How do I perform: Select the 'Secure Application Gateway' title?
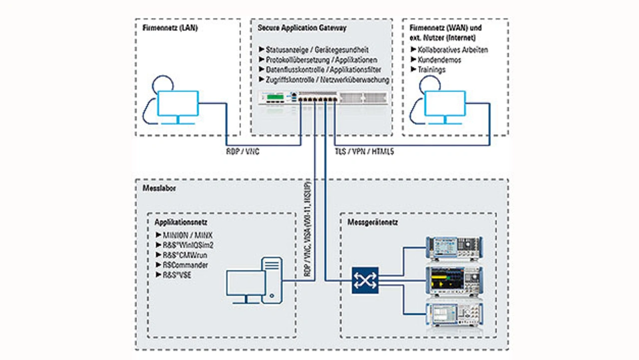point(302,28)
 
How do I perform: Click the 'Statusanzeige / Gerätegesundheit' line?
point(317,50)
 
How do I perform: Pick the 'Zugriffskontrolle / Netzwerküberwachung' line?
point(327,80)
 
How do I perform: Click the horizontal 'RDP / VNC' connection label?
point(243,152)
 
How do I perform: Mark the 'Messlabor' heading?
point(156,188)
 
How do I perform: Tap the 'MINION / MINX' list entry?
point(187,235)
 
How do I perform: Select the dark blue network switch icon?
point(365,280)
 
